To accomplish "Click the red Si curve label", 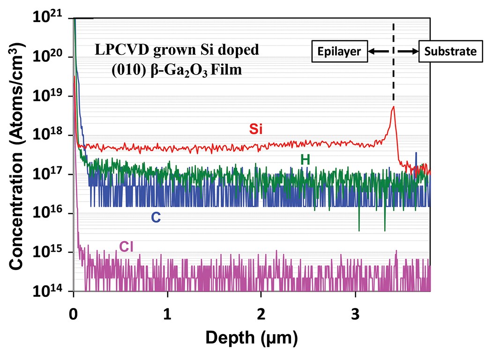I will click(255, 130).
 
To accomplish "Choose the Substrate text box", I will click(450, 51).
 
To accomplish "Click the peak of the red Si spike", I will click(394, 107).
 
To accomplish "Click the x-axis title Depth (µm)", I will click(251, 337).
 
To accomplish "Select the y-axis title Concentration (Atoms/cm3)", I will click(18, 155).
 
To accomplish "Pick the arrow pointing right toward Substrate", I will click(409, 51).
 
